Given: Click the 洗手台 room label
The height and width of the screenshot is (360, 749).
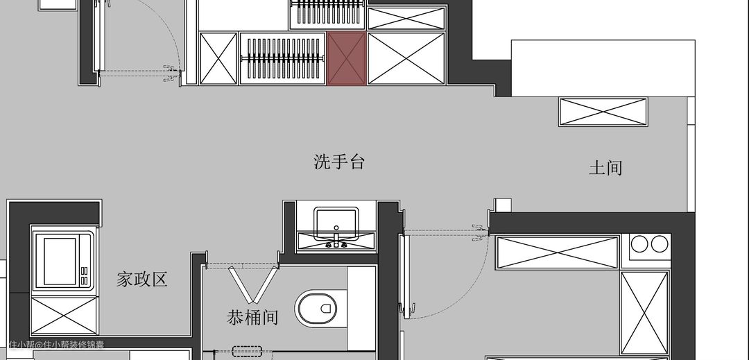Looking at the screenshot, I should coord(339,163).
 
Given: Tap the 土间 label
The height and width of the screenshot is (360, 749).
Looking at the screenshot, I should coord(605,168).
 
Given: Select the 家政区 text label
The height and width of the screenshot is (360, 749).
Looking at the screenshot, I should coord(142,280).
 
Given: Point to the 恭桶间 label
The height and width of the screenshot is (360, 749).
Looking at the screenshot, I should coord(252,318).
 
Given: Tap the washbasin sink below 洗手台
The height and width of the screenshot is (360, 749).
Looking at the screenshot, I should coord(336,221).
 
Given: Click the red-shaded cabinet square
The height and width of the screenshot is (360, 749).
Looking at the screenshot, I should coord(347,59).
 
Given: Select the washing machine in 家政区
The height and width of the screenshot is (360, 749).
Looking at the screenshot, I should coord(62,259).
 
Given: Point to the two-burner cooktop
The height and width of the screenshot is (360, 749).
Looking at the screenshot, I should coord(651,244).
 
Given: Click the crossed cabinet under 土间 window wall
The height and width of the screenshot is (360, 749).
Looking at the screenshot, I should coord(603,112).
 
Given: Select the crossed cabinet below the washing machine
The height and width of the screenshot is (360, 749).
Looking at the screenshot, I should coord(62,315).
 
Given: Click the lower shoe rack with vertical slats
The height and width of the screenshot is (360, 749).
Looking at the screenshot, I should coord(283,59).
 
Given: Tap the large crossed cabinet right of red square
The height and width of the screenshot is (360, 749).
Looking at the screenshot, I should coord(406,58).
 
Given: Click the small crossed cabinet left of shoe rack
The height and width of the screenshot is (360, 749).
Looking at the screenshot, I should coord(218,59).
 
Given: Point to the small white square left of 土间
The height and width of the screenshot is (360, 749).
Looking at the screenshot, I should coord(503,205).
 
